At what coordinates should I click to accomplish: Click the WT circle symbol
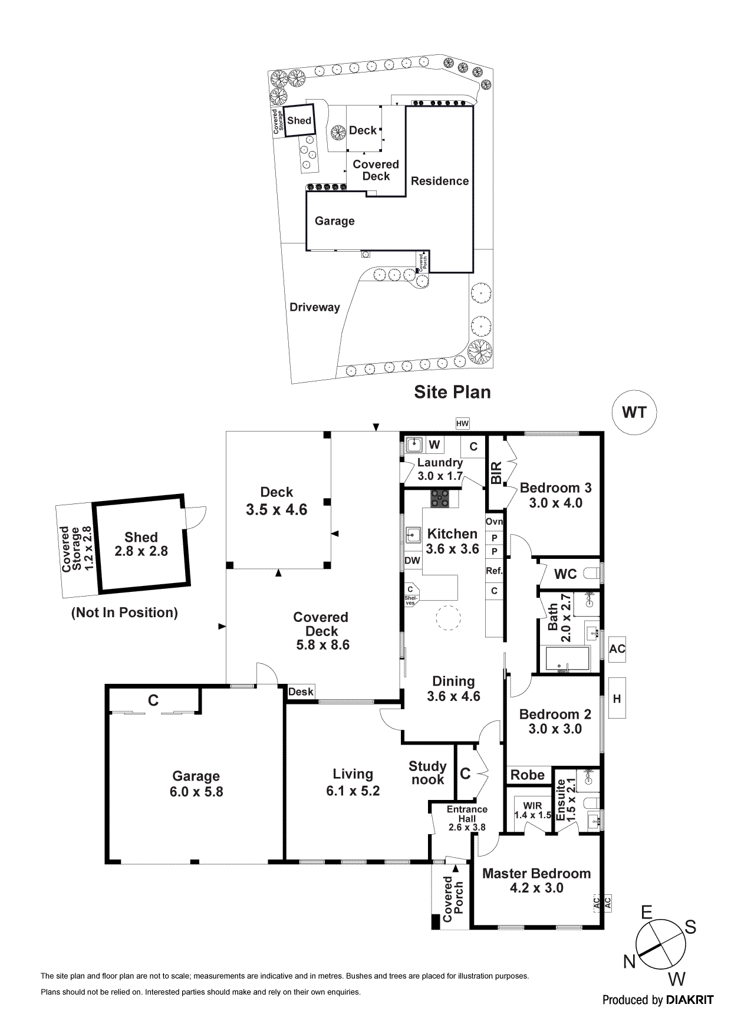[x=634, y=413]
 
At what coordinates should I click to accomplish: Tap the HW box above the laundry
[x=462, y=423]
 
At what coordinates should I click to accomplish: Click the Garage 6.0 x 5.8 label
[x=196, y=784]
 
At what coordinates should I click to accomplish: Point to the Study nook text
[x=427, y=773]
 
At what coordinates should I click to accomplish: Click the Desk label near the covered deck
[x=301, y=692]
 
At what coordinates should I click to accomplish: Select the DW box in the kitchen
[x=412, y=561]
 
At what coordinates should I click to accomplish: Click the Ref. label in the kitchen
[x=494, y=571]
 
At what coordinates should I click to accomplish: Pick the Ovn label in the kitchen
[x=494, y=522]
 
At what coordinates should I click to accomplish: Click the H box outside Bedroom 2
[x=617, y=699]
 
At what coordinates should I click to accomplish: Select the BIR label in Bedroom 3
[x=496, y=473]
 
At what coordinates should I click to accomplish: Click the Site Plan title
[x=452, y=392]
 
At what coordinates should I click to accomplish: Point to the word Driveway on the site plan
[x=314, y=307]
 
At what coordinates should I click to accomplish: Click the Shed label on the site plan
[x=299, y=121]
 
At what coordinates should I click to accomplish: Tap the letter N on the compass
[x=629, y=962]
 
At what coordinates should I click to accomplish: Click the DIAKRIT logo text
[x=690, y=1000]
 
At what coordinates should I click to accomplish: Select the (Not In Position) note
[x=124, y=613]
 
